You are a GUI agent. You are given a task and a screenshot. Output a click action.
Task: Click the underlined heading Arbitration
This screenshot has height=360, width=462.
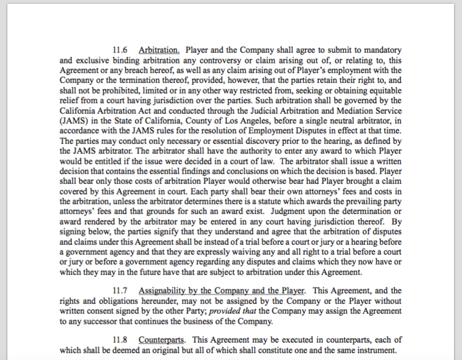(159, 50)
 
